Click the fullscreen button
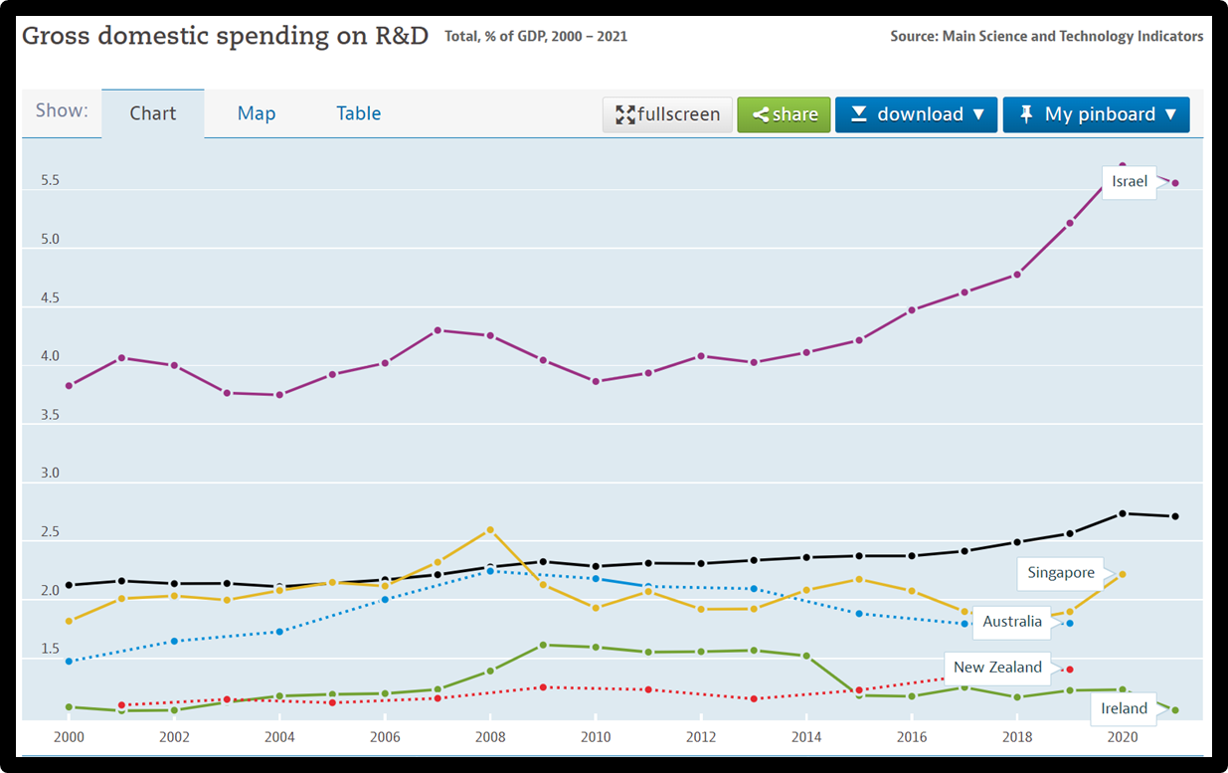point(667,114)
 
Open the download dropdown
point(916,114)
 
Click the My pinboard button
point(1096,114)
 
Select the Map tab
point(256,113)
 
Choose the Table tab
point(358,113)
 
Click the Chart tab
point(153,113)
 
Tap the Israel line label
point(1130,181)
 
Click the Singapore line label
point(1061,573)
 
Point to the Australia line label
point(1012,622)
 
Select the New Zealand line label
point(997,668)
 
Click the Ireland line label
point(1124,708)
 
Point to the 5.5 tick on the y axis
point(50,181)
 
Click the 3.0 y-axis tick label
point(50,474)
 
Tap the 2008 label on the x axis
point(490,737)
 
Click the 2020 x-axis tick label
point(1123,737)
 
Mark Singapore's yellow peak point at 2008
point(490,530)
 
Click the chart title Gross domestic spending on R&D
point(225,37)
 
